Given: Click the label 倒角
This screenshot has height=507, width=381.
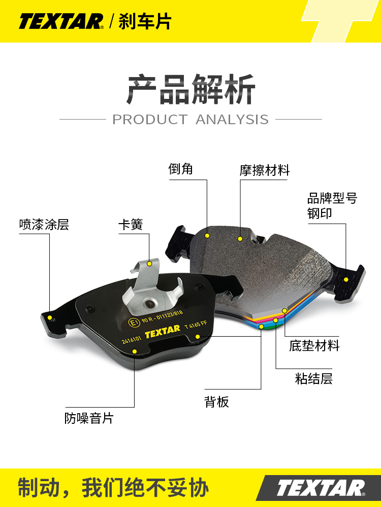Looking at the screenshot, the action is point(181,169).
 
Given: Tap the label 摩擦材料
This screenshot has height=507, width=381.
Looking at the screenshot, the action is point(265,170).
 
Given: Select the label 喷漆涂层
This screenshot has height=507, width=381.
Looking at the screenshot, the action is point(44,225).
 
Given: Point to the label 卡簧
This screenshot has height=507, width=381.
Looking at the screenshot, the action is point(131,225).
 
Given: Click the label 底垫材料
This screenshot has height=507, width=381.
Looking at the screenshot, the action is point(314,346).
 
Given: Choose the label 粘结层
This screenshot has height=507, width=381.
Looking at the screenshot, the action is point(314,378).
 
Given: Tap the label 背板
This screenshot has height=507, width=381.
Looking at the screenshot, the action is point(217,402).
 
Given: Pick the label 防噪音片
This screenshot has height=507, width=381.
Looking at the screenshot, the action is point(89,418).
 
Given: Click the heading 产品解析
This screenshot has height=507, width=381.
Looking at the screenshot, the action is point(190,90).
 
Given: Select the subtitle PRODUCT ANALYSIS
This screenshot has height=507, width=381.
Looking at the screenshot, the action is point(190,120).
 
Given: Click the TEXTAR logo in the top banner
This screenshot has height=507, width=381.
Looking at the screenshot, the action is point(61,22).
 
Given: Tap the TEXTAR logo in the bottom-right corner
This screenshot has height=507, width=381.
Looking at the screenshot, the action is point(320,488).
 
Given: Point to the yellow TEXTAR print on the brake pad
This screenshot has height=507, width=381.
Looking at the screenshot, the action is point(163,331).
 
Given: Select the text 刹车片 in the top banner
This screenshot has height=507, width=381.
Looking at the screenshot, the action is point(145,21).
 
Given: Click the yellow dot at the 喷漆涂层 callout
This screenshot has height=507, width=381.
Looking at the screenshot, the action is point(50,318).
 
